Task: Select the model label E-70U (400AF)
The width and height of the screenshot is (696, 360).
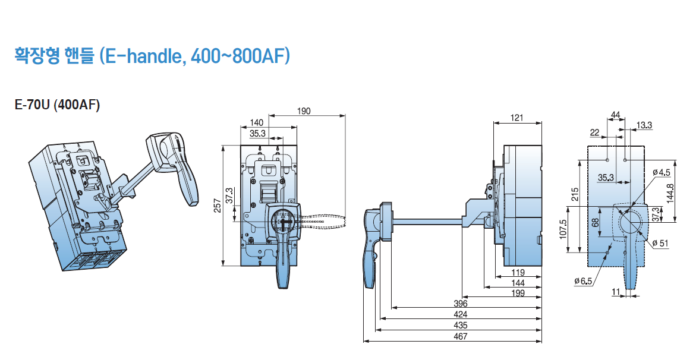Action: click(57, 105)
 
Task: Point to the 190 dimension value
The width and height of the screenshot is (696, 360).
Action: click(304, 111)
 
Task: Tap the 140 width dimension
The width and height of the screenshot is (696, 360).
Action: click(257, 122)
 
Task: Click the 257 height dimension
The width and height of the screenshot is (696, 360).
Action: click(218, 206)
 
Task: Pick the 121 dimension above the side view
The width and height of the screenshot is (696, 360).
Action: click(517, 118)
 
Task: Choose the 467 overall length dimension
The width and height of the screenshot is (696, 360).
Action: click(460, 336)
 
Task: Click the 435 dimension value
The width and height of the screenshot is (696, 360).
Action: click(460, 326)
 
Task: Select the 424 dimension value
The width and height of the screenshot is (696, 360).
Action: click(460, 315)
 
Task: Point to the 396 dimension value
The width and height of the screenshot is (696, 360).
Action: click(460, 304)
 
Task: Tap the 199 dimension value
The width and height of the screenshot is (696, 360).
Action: click(518, 293)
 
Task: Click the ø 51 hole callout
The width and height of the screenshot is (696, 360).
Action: click(660, 243)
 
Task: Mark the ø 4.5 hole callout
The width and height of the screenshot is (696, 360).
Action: click(662, 172)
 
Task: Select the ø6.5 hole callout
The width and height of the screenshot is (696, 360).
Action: click(583, 281)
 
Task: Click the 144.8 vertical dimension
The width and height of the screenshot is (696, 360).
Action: click(670, 193)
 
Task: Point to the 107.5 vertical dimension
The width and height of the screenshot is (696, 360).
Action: click(563, 229)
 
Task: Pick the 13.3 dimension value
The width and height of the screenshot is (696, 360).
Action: click(644, 125)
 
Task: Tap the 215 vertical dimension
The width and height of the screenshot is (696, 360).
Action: click(575, 194)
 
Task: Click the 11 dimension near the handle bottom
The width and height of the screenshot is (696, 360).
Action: click(616, 292)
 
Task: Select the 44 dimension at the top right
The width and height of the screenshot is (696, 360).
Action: click(616, 115)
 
